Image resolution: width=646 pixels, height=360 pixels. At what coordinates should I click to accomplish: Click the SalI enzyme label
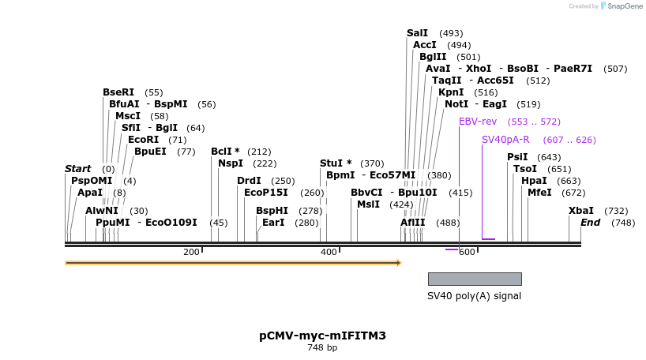417,33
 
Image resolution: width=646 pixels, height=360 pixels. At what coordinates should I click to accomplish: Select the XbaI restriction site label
581,211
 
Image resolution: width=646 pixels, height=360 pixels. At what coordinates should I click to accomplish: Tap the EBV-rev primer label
478,122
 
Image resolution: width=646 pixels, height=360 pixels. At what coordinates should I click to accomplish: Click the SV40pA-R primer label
505,140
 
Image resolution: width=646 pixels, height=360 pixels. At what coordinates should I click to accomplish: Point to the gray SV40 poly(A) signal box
475,279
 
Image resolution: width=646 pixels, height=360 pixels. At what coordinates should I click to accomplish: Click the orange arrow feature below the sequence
233,262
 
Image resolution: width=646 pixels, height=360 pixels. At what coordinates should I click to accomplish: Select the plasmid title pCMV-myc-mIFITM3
322,336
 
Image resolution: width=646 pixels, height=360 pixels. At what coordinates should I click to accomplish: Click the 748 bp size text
322,347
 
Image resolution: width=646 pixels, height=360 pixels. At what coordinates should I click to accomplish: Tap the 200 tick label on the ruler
191,252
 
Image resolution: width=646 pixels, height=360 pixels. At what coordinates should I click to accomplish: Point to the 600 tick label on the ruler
466,252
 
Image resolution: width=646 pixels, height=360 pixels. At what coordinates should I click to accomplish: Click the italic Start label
77,169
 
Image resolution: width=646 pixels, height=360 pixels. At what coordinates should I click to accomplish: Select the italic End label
590,223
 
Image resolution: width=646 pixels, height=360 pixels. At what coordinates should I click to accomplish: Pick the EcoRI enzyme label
143,140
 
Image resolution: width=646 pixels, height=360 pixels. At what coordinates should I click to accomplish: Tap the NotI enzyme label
456,104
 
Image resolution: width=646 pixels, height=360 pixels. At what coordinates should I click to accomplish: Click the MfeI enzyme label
539,193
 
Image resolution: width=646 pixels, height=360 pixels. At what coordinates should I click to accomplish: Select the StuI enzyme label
332,163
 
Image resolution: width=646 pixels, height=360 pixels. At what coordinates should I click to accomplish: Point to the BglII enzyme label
433,57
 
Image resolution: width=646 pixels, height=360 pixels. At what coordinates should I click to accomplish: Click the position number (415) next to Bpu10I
460,193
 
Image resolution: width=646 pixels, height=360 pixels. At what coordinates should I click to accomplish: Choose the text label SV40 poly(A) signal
474,296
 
